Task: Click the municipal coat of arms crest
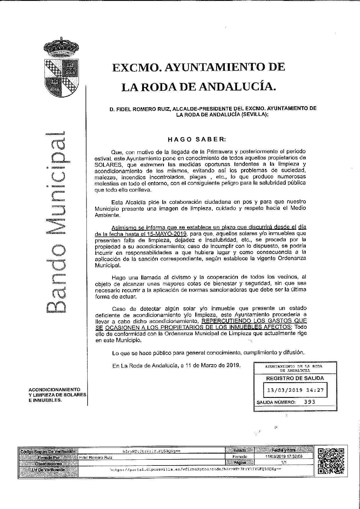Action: [61, 68]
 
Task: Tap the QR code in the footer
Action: [331, 461]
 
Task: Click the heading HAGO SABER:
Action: [197, 139]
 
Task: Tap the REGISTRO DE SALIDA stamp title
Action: [295, 378]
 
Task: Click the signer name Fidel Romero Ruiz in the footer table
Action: [96, 457]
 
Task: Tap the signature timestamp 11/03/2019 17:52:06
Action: [284, 456]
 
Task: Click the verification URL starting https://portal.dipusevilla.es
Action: [196, 469]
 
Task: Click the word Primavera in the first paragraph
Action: [218, 151]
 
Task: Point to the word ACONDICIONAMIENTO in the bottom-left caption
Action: [54, 389]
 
